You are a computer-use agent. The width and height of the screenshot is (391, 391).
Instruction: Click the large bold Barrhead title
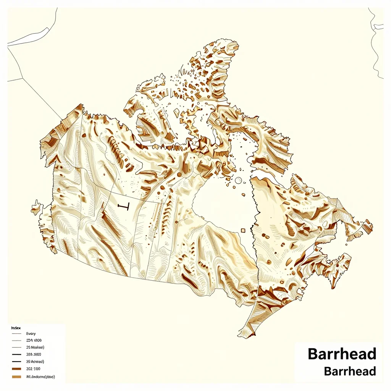(342, 354)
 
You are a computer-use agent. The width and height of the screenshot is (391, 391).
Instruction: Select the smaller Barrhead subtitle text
(349, 371)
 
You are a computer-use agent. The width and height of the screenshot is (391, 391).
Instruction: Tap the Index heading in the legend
(16, 328)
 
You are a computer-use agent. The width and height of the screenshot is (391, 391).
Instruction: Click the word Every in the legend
(31, 334)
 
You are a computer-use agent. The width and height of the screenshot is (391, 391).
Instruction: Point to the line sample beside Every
(16, 334)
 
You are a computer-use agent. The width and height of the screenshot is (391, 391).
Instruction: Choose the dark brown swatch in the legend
(16, 369)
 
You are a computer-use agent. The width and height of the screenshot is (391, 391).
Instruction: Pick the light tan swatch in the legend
(16, 377)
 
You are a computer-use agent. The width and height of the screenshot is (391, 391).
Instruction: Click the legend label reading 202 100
(33, 369)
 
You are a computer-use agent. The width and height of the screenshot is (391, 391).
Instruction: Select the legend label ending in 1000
(34, 340)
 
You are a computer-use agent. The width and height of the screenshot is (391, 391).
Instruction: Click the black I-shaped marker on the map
(124, 207)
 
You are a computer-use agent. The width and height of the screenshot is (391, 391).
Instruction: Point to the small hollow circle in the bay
(239, 180)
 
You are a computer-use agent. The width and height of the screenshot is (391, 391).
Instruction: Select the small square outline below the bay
(243, 230)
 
